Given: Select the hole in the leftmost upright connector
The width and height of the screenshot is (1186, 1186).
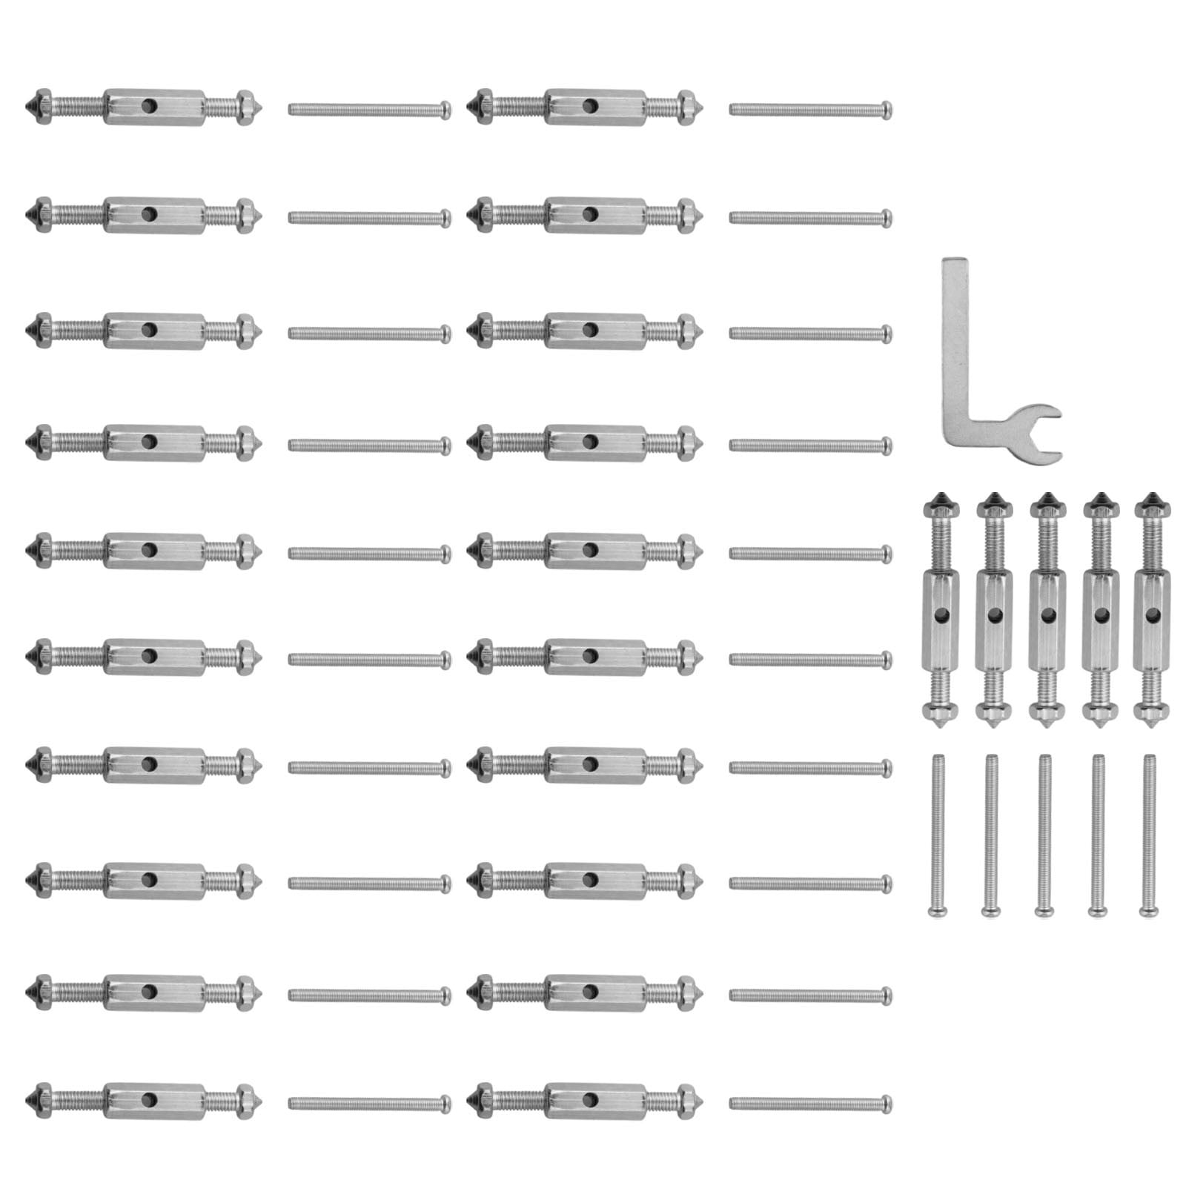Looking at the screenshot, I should click(x=940, y=614).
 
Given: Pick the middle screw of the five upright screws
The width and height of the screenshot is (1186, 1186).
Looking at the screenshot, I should click(x=1044, y=830).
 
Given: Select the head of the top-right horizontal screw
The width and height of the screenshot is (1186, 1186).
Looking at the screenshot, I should click(x=887, y=110).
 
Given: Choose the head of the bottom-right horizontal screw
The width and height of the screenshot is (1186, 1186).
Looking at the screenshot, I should click(x=887, y=1104).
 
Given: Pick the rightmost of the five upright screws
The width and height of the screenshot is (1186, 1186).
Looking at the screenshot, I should click(x=1150, y=830).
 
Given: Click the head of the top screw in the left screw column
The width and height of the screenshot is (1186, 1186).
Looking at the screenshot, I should click(x=445, y=110).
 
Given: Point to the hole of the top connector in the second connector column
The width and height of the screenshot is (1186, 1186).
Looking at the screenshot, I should click(x=590, y=105).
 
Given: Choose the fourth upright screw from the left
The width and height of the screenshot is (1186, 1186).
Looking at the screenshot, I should click(x=1099, y=830).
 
